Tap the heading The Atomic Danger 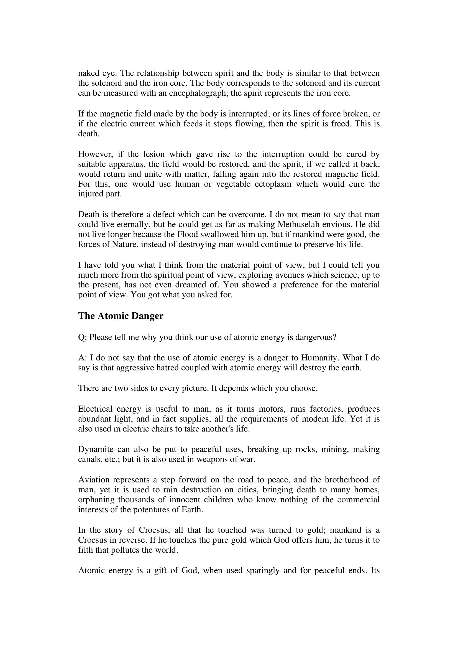click(121, 316)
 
